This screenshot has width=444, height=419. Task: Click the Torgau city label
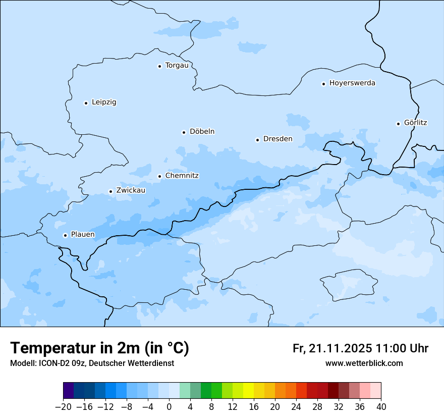tap(177, 66)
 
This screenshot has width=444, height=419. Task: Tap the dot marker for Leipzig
tap(86, 103)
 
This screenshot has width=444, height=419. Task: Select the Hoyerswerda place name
tap(352, 83)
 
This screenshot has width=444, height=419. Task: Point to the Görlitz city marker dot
tap(399, 123)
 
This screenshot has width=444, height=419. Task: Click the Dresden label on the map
tap(277, 139)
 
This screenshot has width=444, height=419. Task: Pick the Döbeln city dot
tap(184, 132)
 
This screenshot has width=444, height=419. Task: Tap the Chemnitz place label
tap(182, 176)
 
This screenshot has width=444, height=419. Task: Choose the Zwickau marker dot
tap(110, 191)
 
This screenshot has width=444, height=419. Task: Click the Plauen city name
tap(83, 235)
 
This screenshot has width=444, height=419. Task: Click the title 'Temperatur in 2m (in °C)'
tap(99, 348)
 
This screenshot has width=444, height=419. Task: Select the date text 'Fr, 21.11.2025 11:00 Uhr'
tap(360, 348)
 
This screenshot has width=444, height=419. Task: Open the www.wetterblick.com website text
tap(364, 363)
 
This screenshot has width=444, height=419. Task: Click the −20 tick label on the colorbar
tap(63, 407)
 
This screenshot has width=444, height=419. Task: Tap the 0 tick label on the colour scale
tap(169, 407)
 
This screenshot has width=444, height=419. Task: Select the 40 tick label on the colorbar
tap(381, 407)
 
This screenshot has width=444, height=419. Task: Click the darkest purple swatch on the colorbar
tap(69, 391)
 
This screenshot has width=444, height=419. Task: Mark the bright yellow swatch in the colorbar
tap(248, 391)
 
